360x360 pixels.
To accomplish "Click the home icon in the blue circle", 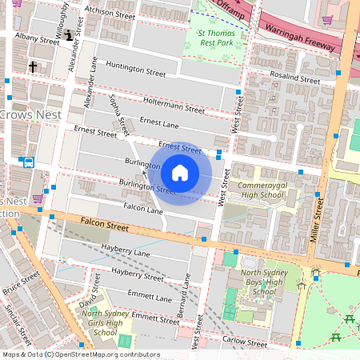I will click(180, 172).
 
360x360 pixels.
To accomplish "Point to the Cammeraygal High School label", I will click(261, 190).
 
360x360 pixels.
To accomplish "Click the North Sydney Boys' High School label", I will click(263, 283).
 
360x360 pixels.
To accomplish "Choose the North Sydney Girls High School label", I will click(106, 322).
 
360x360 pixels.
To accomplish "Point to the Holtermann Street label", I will click(174, 105).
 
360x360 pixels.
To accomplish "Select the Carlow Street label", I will click(246, 342).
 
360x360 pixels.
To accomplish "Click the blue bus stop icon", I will click(29, 162).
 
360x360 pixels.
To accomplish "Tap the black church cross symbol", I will click(33, 67).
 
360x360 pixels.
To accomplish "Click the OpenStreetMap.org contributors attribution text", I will click(108, 354).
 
